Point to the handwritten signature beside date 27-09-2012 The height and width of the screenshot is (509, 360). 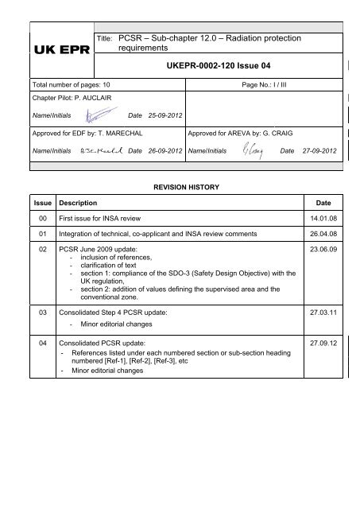click(x=250, y=171)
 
